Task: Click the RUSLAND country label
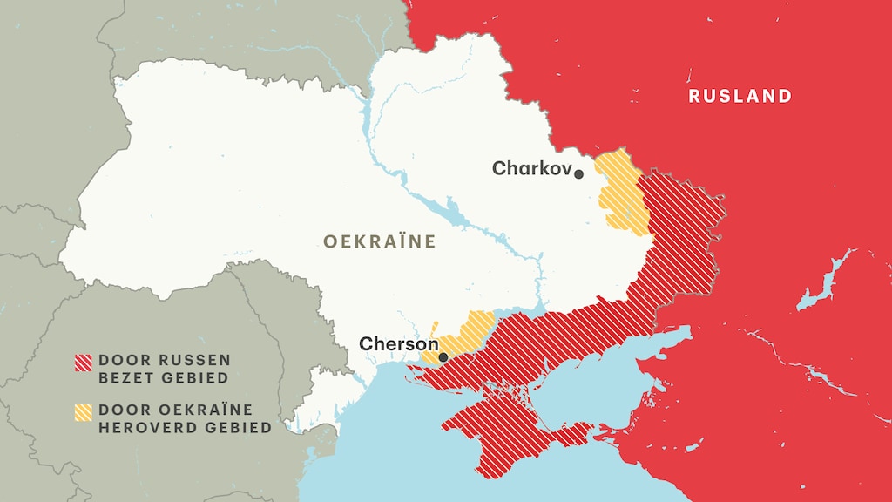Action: [x=740, y=96]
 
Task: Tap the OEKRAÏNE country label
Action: [x=379, y=241]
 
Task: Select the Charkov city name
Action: [x=530, y=168]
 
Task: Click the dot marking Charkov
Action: [x=578, y=174]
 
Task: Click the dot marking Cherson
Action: [x=443, y=356]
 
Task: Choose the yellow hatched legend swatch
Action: [x=84, y=411]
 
